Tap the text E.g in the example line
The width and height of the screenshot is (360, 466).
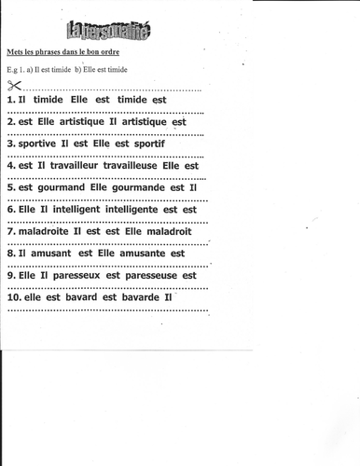pyautogui.click(x=12, y=71)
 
